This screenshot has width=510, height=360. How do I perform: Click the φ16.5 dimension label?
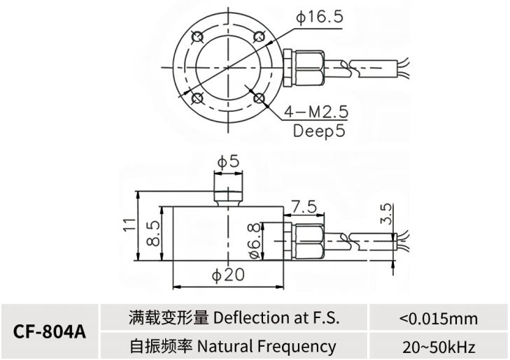tap(319, 17)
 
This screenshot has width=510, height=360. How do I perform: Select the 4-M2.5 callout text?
tap(317, 112)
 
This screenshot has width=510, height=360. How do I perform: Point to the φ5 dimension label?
tap(228, 161)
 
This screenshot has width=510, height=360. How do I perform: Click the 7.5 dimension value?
tap(304, 207)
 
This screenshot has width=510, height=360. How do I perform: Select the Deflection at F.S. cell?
tap(234, 318)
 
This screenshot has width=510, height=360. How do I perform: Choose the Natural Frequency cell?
tap(234, 345)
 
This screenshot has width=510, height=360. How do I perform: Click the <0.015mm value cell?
tap(438, 318)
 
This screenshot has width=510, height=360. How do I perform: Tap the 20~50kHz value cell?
tap(438, 345)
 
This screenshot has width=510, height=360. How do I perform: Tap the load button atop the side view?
tap(228, 193)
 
